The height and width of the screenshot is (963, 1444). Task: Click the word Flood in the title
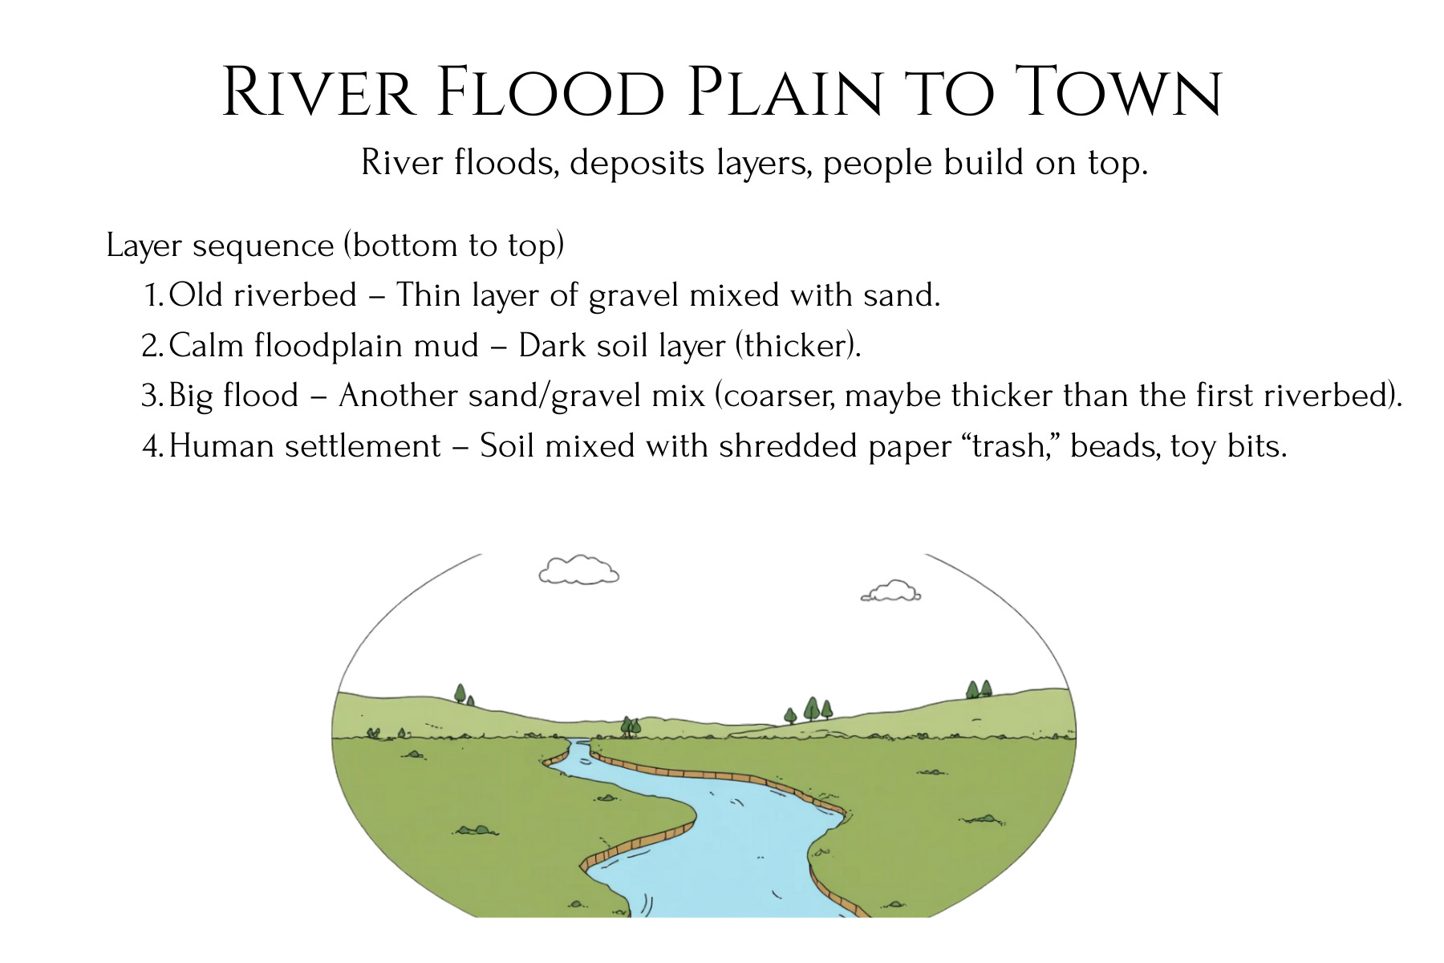tap(553, 92)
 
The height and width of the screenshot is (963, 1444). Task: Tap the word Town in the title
tap(1118, 92)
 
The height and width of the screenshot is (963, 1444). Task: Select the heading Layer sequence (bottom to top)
tap(335, 246)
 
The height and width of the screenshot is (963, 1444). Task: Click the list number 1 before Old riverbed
tap(154, 295)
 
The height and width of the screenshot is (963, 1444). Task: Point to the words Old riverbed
tap(263, 295)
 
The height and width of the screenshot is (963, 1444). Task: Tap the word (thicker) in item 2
tap(798, 346)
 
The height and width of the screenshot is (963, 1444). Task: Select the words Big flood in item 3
tap(233, 396)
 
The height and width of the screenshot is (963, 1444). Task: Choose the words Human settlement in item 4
tap(305, 446)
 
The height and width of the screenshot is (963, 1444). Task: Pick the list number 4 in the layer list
tap(153, 446)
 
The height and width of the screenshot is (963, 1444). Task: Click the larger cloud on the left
tap(578, 571)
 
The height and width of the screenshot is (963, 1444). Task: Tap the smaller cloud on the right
tap(890, 591)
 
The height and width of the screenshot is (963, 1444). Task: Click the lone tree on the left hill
tap(460, 694)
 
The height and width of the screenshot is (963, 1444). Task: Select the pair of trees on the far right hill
tap(979, 689)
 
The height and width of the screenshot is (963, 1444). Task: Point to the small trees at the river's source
tap(631, 727)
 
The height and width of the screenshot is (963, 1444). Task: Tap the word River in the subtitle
tap(402, 163)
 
